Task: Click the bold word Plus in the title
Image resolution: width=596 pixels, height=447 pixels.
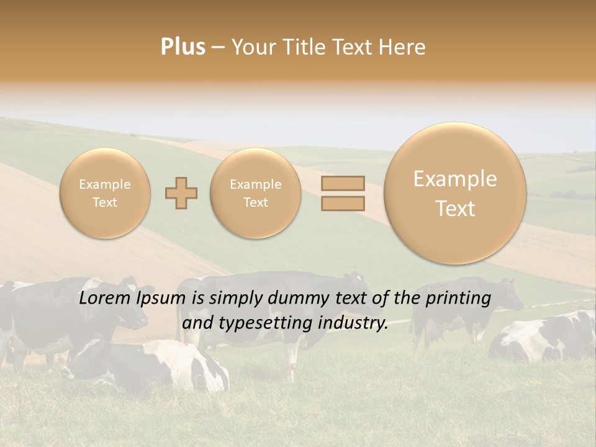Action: (x=183, y=47)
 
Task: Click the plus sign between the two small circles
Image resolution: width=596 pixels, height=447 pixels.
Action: (x=181, y=193)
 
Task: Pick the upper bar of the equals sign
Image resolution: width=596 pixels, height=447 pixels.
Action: (x=343, y=183)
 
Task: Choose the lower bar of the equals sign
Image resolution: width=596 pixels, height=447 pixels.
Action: (x=343, y=203)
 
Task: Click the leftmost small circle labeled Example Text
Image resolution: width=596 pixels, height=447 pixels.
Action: (x=105, y=193)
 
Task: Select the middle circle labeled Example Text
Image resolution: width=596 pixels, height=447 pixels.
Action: (x=256, y=193)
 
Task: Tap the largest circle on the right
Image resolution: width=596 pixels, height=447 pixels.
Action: (x=455, y=193)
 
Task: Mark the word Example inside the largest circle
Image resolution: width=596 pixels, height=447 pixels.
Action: (x=455, y=179)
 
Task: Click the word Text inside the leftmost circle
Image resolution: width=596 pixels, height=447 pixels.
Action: (x=105, y=202)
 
